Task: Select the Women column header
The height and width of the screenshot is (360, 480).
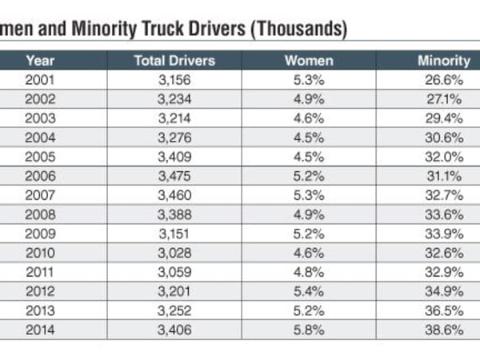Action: point(309,60)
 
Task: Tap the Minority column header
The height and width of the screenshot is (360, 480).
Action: point(443,60)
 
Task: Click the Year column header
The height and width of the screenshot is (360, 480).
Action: point(39,60)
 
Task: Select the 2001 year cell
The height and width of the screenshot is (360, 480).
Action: point(39,78)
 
